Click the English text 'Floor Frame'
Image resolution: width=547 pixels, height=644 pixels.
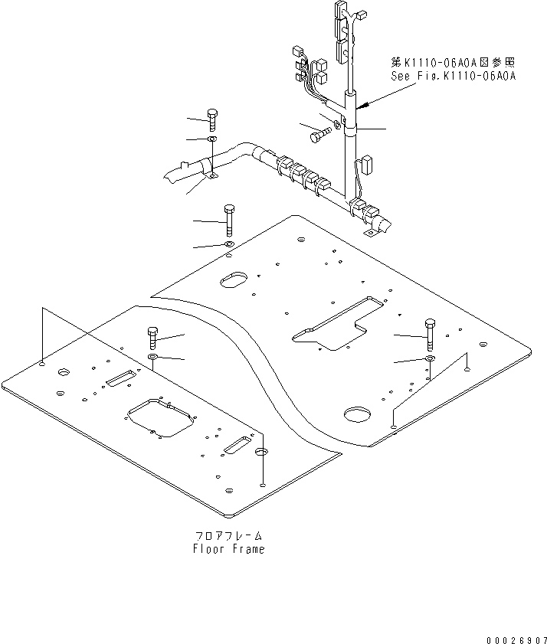point(229,549)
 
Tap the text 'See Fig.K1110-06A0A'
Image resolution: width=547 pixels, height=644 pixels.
point(451,76)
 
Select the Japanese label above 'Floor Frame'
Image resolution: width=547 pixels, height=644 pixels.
point(229,536)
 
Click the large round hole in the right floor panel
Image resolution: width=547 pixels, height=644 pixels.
point(357,414)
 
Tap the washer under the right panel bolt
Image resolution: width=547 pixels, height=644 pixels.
point(430,358)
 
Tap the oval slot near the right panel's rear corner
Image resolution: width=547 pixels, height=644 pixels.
point(233,280)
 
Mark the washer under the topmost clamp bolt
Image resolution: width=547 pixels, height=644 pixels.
point(212,139)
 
